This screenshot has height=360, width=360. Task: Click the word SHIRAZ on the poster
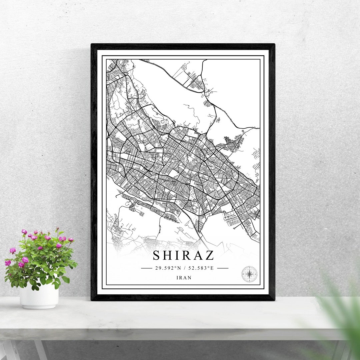(183, 255)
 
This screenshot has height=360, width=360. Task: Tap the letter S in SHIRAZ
(157, 256)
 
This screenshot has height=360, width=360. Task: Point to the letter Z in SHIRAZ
(209, 256)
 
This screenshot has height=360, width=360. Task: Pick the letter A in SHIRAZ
(198, 256)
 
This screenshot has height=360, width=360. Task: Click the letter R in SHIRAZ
(187, 256)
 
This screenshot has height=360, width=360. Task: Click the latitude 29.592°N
(168, 268)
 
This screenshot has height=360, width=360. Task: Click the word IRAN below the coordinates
(184, 277)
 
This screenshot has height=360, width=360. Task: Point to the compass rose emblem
(249, 274)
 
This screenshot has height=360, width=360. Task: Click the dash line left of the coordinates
(147, 268)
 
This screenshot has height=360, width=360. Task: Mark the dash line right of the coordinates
(223, 268)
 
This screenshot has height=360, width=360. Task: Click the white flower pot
(39, 296)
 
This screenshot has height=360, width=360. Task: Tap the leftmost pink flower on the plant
(8, 263)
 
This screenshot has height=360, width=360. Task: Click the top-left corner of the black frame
(92, 45)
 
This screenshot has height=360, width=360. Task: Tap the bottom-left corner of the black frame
(92, 299)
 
